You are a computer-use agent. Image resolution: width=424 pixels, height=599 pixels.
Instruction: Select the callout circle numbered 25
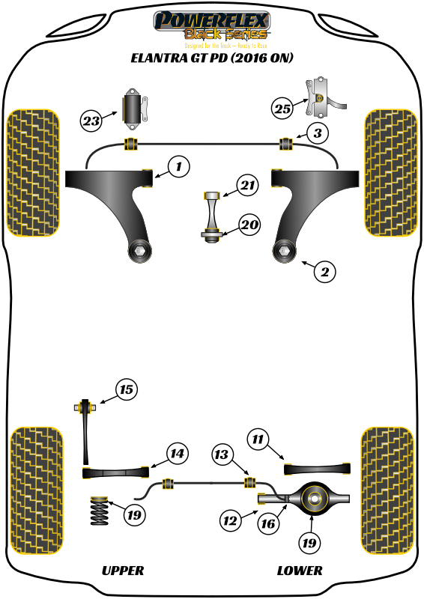pyautogui.click(x=282, y=109)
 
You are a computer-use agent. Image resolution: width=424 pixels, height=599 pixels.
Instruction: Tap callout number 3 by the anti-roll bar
pyautogui.click(x=318, y=134)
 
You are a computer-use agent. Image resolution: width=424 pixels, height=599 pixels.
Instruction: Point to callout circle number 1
pyautogui.click(x=178, y=167)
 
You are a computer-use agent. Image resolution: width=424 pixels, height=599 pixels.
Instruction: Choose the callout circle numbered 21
pyautogui.click(x=247, y=185)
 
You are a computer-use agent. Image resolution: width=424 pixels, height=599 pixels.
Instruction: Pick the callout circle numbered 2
pyautogui.click(x=324, y=273)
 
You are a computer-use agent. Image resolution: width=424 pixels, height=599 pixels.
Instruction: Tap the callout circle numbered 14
pyautogui.click(x=176, y=453)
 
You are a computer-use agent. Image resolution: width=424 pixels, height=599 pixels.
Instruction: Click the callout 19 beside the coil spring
pyautogui.click(x=134, y=515)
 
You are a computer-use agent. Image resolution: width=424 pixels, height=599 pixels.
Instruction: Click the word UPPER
pyautogui.click(x=122, y=571)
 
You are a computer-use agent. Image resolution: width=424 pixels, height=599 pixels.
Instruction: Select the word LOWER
pyautogui.click(x=300, y=571)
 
